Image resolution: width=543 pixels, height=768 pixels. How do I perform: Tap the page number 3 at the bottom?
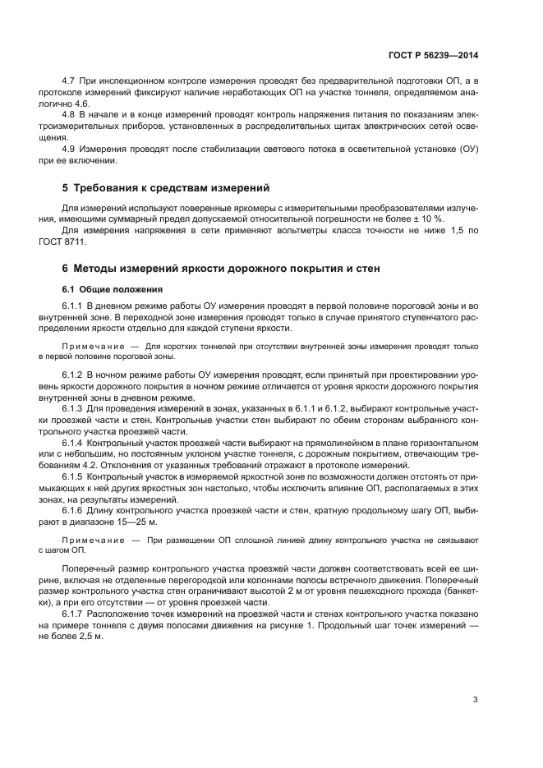tap(476, 700)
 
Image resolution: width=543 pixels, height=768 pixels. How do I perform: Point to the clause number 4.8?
tap(69, 116)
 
